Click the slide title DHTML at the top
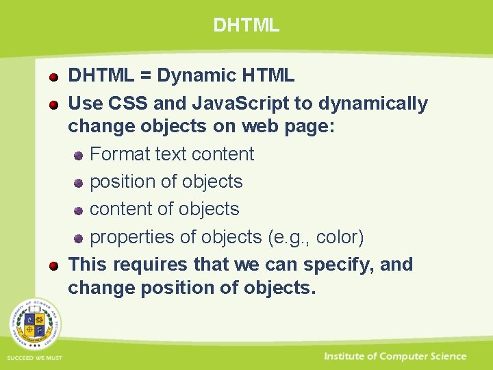pos(246,25)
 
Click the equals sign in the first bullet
pos(145,75)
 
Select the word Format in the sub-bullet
pos(121,154)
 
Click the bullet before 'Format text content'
pos(79,156)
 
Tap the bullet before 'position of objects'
pos(79,183)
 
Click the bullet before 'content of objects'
pos(79,210)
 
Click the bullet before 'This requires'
pos(53,266)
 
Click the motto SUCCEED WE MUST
pos(34,358)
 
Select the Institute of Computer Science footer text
pos(395,356)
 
